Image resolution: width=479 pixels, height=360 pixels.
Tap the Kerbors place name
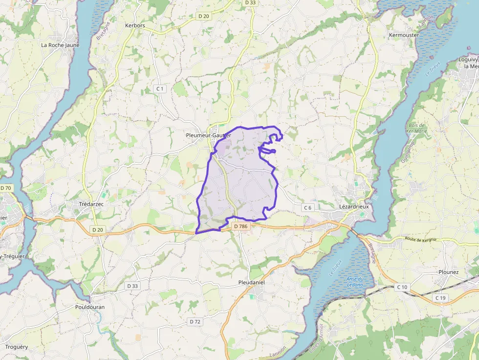[135, 25]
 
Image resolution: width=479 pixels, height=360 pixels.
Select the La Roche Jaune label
[60, 45]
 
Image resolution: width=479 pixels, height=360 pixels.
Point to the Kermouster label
[404, 35]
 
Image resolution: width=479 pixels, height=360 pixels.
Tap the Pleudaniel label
[251, 283]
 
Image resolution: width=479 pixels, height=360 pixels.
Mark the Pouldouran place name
[90, 307]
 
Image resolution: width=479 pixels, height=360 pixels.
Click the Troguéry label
[17, 347]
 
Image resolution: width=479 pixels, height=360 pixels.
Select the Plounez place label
[449, 272]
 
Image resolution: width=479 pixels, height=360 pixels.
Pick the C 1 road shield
[159, 88]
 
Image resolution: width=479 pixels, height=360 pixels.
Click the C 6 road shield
[307, 208]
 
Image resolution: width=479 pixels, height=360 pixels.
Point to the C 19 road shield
[440, 297]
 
